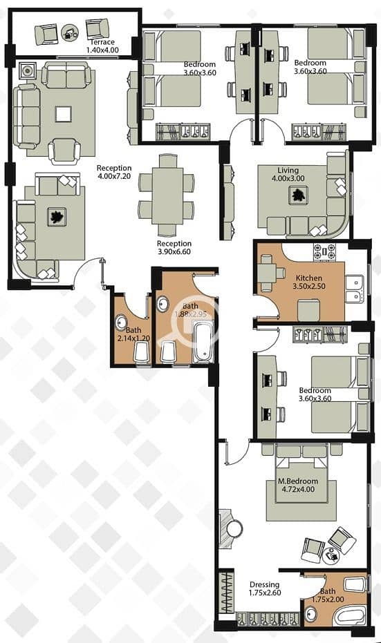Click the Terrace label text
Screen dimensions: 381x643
(102, 42)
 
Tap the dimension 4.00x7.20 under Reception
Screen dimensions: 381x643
(114, 176)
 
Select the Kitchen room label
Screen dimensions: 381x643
(308, 278)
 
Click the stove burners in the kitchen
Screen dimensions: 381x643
(325, 252)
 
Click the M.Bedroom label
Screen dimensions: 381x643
(298, 481)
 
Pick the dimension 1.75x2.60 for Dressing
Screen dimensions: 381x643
(265, 593)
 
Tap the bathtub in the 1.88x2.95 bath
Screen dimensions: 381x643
(203, 343)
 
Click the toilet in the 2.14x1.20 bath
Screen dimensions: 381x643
(142, 352)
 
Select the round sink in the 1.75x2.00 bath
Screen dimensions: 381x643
(311, 614)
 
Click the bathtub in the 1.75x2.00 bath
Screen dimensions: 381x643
(349, 617)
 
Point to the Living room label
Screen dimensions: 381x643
(288, 170)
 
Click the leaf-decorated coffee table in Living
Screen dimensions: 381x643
(297, 195)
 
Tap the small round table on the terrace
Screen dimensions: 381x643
(69, 33)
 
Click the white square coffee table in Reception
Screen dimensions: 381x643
(63, 114)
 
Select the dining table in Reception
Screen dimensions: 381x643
(167, 196)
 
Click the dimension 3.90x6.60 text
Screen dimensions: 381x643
(174, 252)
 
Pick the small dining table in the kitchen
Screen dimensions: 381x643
(268, 273)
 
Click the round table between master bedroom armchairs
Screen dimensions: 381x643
(331, 555)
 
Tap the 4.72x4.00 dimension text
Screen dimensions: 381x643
(299, 489)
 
